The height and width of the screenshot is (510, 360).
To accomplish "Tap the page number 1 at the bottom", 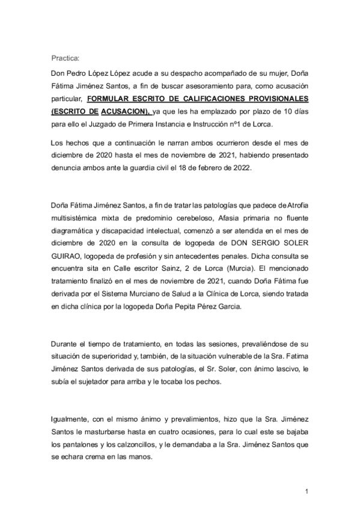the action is pyautogui.click(x=307, y=492).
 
